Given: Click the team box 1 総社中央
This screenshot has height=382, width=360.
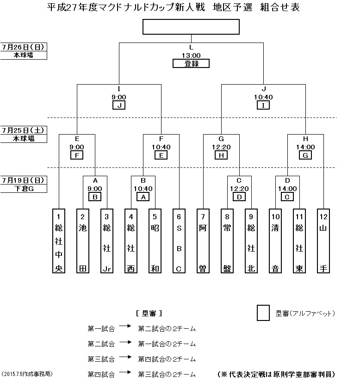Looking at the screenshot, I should click(x=59, y=241).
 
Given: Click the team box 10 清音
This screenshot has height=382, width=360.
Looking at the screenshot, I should click(x=275, y=241).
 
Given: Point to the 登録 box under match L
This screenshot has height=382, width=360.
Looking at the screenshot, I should click(x=191, y=64).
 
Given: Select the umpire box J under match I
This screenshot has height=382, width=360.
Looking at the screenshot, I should click(x=119, y=105).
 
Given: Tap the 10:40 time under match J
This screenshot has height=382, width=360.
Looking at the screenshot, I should click(x=263, y=97).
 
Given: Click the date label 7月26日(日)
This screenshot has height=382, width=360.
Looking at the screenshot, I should click(x=24, y=47).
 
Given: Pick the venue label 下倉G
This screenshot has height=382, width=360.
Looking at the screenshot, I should click(x=24, y=188).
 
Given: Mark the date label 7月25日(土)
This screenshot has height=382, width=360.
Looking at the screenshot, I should click(x=24, y=130).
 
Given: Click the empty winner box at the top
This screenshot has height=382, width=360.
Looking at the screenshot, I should click(x=191, y=27).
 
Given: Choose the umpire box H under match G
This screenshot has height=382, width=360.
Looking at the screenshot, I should click(x=221, y=155).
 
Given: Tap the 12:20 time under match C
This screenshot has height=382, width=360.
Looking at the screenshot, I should click(x=239, y=189).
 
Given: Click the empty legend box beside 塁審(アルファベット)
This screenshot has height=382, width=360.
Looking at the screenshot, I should click(x=263, y=313).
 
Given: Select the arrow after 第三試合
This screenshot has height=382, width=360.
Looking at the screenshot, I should click(x=125, y=358).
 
